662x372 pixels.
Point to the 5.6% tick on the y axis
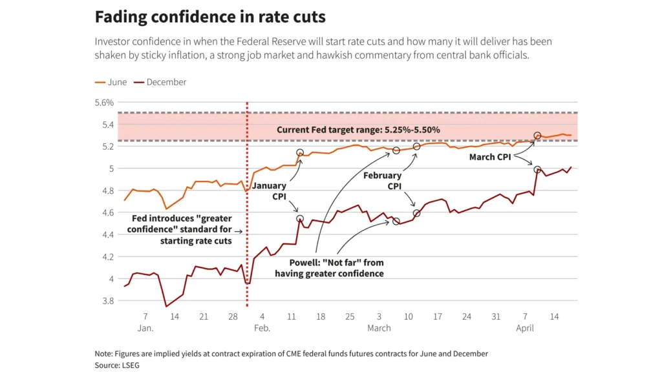(x=104, y=102)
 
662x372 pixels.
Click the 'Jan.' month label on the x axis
(x=145, y=328)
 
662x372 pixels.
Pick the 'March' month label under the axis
(x=379, y=328)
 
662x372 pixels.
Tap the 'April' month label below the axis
(x=525, y=328)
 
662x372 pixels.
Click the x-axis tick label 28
(x=233, y=317)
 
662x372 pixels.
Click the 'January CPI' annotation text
(x=270, y=192)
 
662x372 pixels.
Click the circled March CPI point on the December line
(x=537, y=169)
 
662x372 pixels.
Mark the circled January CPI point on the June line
(x=300, y=153)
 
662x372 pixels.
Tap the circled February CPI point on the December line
(x=416, y=213)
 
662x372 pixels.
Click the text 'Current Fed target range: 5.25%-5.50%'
(x=358, y=130)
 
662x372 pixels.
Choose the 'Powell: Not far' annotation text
(x=329, y=268)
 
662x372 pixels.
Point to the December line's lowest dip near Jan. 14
(x=166, y=306)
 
